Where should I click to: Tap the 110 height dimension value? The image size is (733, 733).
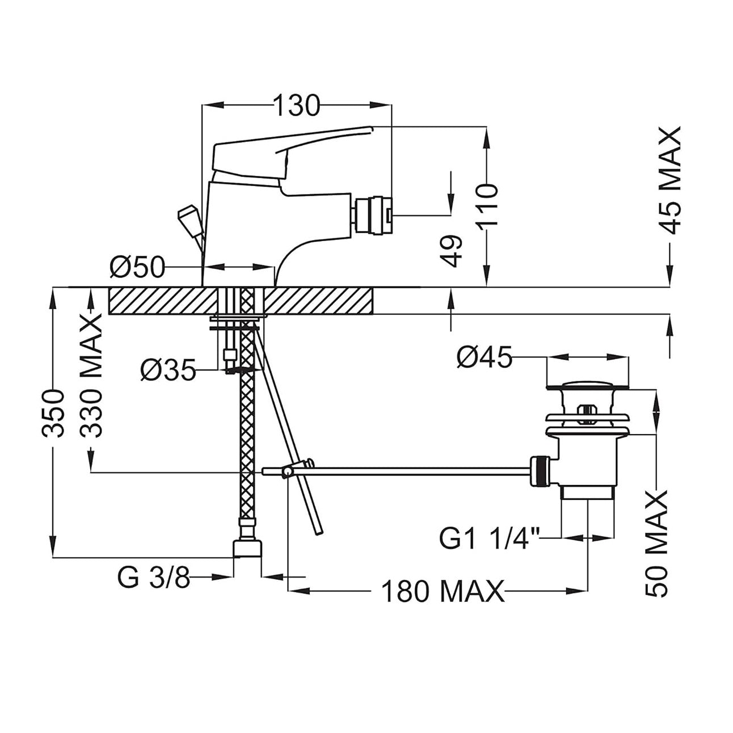(487, 207)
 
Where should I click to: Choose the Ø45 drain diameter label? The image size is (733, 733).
(485, 357)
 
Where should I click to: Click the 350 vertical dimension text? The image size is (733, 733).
(53, 414)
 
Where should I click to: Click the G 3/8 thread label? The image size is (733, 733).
(154, 578)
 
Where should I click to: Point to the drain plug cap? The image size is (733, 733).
(588, 386)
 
